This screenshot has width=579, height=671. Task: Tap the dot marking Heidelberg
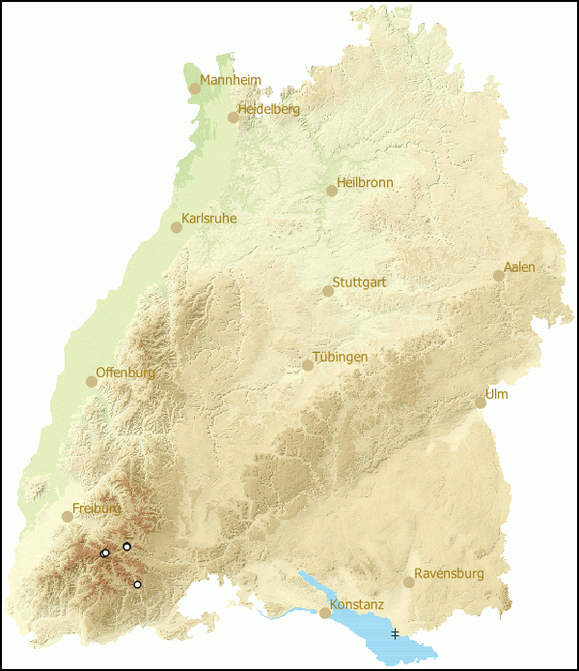pyautogui.click(x=234, y=118)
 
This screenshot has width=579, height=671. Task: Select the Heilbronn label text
pyautogui.click(x=365, y=182)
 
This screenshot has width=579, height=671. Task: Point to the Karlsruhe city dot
pyautogui.click(x=177, y=228)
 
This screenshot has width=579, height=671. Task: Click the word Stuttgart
pyautogui.click(x=359, y=282)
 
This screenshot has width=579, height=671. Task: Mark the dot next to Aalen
pyautogui.click(x=499, y=276)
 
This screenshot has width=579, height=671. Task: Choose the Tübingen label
pyautogui.click(x=340, y=357)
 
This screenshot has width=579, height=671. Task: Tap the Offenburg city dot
pyautogui.click(x=92, y=382)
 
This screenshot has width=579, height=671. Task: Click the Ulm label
pyautogui.click(x=497, y=394)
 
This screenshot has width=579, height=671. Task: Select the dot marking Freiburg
pyautogui.click(x=68, y=517)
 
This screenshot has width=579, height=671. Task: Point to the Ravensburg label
pyautogui.click(x=449, y=574)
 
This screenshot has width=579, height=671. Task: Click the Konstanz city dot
pyautogui.click(x=325, y=613)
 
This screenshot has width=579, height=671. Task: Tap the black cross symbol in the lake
pyautogui.click(x=395, y=633)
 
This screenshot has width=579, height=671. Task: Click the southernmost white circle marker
pyautogui.click(x=137, y=584)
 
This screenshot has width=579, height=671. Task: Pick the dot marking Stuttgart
pyautogui.click(x=328, y=291)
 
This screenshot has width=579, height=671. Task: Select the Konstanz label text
pyautogui.click(x=357, y=604)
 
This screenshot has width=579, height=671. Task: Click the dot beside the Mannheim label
pyautogui.click(x=195, y=89)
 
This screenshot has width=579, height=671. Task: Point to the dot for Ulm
pyautogui.click(x=481, y=403)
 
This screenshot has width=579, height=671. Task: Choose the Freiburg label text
pyautogui.click(x=96, y=508)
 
